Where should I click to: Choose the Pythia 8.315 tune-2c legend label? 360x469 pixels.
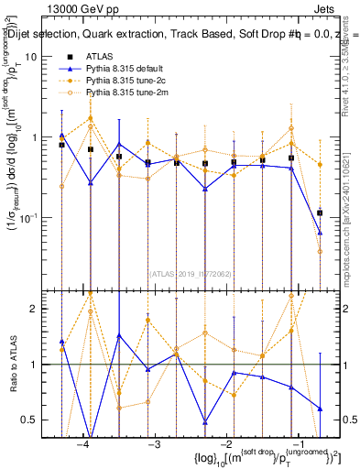click(x=123, y=81)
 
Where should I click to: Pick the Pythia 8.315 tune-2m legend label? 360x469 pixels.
click(x=124, y=93)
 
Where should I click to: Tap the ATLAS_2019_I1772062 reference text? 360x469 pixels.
click(x=189, y=272)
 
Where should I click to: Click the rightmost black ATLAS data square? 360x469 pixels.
click(x=320, y=213)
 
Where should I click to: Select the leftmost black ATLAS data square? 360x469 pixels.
click(x=61, y=145)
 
